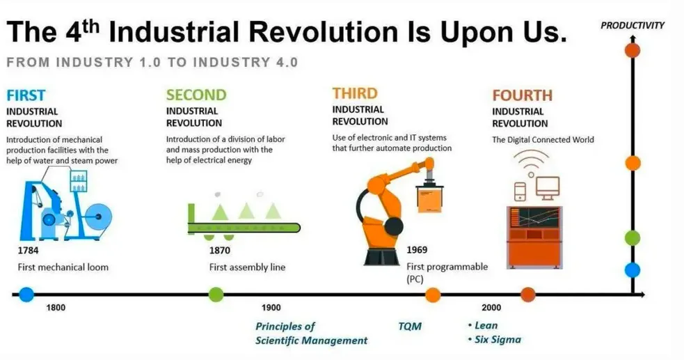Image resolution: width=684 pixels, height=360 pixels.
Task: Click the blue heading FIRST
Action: [26, 95]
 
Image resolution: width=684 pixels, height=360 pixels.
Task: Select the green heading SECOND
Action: [196, 95]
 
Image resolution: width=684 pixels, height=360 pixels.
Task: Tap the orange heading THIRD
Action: [355, 93]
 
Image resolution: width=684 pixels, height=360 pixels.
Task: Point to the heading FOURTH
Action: [522, 95]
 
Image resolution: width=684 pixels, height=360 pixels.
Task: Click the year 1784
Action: [28, 251]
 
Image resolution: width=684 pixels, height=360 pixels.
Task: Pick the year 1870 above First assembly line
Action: [219, 251]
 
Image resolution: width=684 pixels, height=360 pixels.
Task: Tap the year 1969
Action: [417, 250]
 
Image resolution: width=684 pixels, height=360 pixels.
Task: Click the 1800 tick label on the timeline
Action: [56, 308]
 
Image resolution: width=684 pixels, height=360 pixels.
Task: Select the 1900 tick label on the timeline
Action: [271, 308]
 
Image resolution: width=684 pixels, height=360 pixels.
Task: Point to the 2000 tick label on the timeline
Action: [491, 308]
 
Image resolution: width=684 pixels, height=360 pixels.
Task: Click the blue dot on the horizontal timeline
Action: [26, 295]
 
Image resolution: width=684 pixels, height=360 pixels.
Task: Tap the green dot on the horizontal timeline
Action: [216, 295]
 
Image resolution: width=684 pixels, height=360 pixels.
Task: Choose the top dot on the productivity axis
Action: [632, 49]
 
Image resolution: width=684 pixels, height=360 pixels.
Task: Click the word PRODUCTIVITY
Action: [632, 26]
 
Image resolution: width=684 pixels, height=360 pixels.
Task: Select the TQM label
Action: [410, 327]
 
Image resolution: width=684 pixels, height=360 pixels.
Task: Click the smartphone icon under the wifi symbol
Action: [520, 191]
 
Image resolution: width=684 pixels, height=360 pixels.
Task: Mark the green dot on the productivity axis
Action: [632, 238]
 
